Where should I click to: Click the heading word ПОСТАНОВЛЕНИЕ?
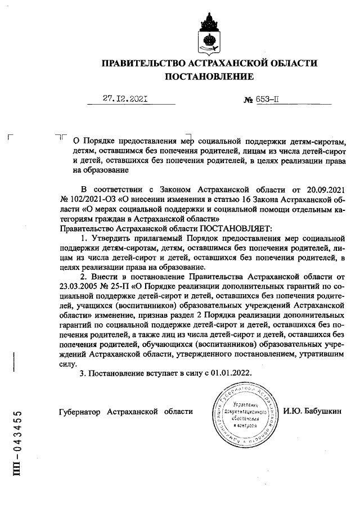point(209,76)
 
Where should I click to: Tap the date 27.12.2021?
point(125,100)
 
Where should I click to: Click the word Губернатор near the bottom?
point(80,411)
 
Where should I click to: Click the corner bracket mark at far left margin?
point(11,137)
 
